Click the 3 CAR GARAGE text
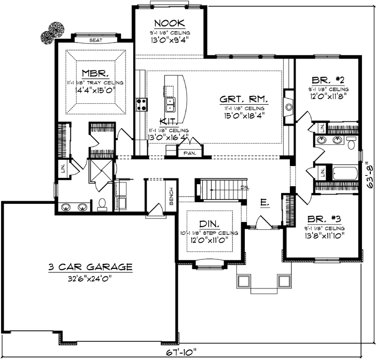[90, 267]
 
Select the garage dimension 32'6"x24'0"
[90, 278]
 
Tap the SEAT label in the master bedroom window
[95, 39]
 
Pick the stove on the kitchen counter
[141, 104]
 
